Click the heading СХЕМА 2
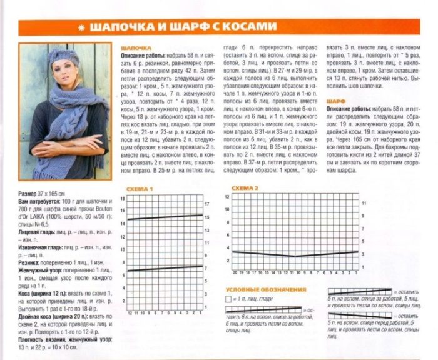pos(245,188)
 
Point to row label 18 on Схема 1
pos(123,197)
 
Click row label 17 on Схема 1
pos(206,204)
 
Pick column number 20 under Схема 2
pos(235,273)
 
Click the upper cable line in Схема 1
pos(165,217)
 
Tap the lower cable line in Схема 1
pos(165,269)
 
